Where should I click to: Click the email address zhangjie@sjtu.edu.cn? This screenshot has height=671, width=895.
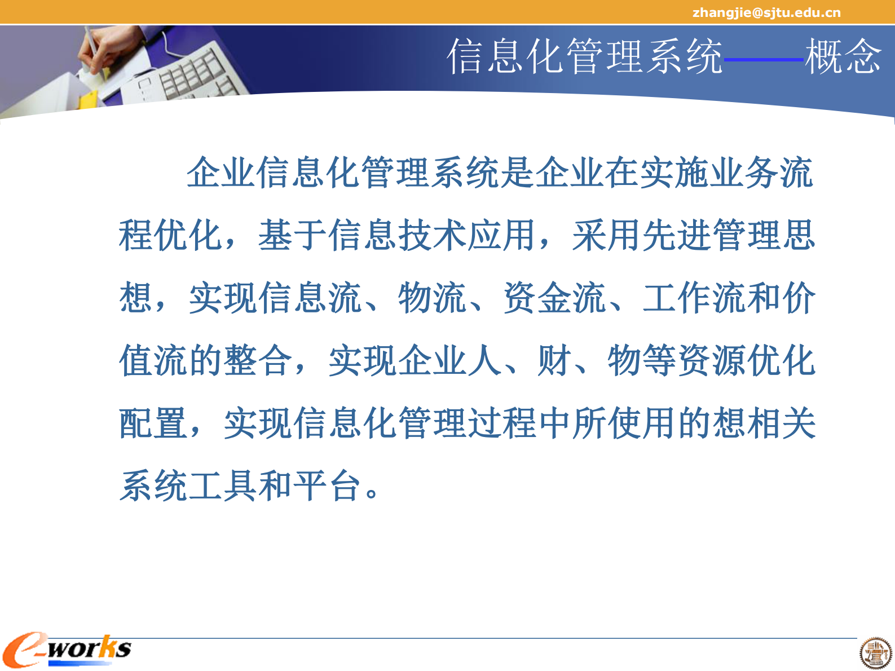(x=766, y=12)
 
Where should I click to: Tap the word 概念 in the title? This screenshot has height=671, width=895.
(x=843, y=56)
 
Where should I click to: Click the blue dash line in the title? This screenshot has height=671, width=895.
(x=764, y=59)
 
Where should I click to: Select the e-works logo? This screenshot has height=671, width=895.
(x=67, y=650)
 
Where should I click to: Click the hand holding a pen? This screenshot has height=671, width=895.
(x=104, y=48)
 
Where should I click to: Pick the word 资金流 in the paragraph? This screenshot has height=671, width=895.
(x=555, y=298)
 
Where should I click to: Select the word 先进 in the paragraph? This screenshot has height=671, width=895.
(x=677, y=235)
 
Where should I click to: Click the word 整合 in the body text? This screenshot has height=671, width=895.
(x=258, y=361)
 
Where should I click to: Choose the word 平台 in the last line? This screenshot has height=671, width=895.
(x=328, y=486)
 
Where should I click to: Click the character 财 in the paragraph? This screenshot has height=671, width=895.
(x=555, y=361)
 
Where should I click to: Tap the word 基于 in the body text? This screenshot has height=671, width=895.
(x=293, y=235)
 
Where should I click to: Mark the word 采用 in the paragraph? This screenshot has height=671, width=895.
(x=607, y=235)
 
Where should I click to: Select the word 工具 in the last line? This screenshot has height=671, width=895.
(x=223, y=486)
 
